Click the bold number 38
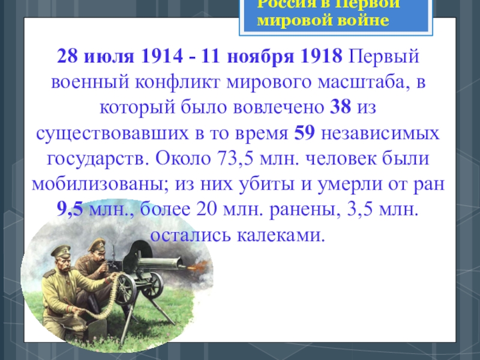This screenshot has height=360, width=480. coord(340,107)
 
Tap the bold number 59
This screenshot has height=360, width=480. coord(304,133)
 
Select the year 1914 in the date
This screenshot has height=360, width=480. coord(162,56)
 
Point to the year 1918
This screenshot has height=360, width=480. coord(322,56)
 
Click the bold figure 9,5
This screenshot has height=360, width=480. coord(70,209)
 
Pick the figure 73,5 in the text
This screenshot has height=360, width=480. coord(235,158)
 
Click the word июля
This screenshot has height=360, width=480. coord(109,56)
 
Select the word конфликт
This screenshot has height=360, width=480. coord(178,82)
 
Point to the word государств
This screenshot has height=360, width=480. coord(98,159)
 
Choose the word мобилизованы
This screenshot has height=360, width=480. coord(100,184)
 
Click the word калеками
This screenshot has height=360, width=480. coord(280,235)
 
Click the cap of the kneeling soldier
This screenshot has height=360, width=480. coord(61,251)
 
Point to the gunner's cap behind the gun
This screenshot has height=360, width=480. coord(97,244)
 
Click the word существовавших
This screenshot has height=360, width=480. coord(112,133)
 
